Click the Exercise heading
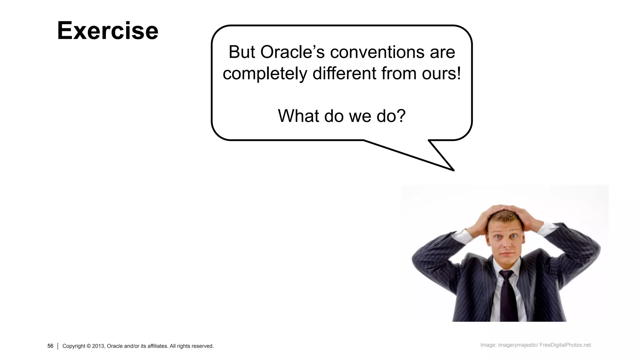[x=107, y=31]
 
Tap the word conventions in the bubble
[x=377, y=52]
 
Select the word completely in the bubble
[x=265, y=74]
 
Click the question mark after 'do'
[x=401, y=115]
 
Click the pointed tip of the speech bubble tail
[x=453, y=170]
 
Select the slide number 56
[x=50, y=346]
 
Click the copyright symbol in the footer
[x=88, y=346]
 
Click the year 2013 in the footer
[x=98, y=346]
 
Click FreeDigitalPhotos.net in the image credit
[x=565, y=345]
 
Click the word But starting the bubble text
[x=242, y=52]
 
